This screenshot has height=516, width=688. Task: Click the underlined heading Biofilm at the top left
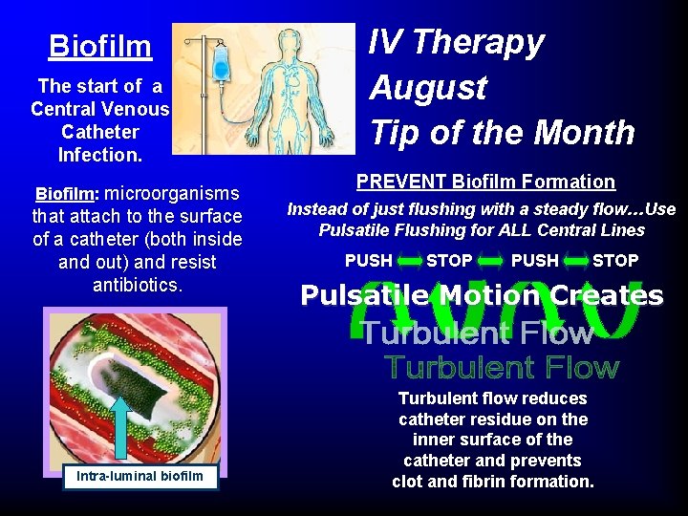click(100, 46)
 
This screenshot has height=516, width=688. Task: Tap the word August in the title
click(428, 88)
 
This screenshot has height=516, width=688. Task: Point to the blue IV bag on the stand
click(221, 65)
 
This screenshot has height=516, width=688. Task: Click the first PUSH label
click(369, 261)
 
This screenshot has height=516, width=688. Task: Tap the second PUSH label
click(535, 261)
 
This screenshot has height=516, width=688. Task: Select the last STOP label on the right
click(615, 261)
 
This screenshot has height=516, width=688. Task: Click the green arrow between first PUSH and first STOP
click(409, 261)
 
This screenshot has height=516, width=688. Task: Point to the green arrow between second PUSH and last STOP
click(576, 261)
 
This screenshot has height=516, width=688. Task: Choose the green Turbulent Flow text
click(502, 367)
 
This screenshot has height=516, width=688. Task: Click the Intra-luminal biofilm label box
click(140, 475)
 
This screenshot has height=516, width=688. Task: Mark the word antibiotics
click(138, 285)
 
